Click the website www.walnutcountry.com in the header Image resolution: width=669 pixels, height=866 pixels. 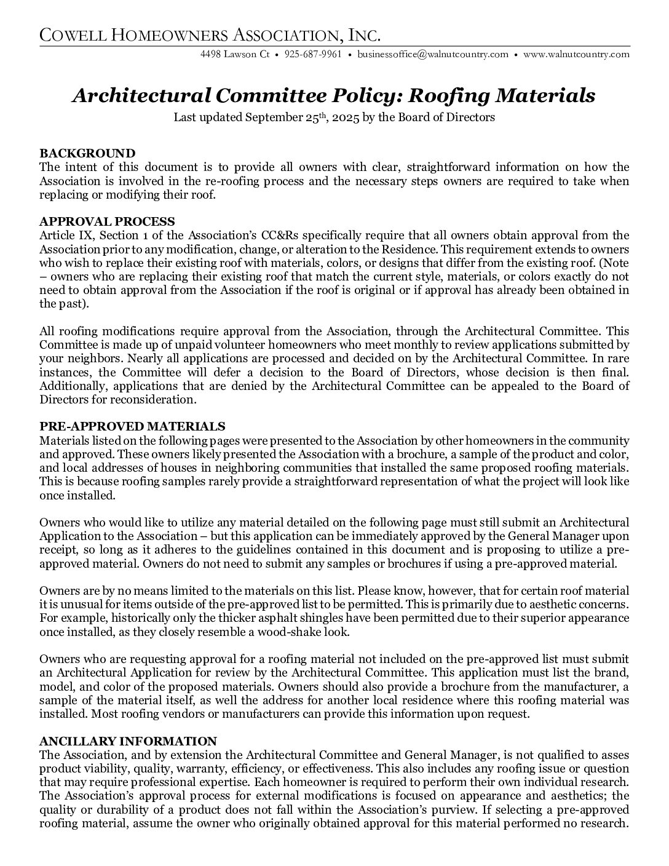(x=576, y=54)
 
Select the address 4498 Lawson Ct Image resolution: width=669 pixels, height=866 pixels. (x=235, y=54)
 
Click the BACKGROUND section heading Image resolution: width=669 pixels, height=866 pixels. (x=87, y=153)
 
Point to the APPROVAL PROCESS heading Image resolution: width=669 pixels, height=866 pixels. (x=107, y=221)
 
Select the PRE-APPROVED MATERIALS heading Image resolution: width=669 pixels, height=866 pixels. (x=132, y=426)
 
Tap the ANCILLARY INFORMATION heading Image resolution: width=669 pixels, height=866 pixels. (x=128, y=741)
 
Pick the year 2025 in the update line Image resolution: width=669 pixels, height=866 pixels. (x=347, y=117)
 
